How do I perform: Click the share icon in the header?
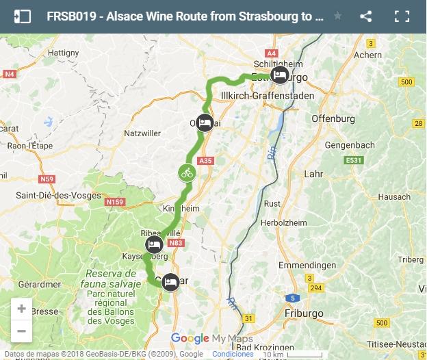[366, 16]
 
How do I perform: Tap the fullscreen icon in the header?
[402, 16]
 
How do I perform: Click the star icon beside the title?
[337, 16]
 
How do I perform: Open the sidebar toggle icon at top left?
[22, 16]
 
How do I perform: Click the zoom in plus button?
[21, 309]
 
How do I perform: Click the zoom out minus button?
[21, 331]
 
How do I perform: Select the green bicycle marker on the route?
[187, 172]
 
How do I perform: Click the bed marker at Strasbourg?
[279, 75]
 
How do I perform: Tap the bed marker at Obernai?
[204, 123]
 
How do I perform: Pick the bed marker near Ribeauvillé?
[154, 245]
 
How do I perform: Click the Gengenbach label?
[350, 146]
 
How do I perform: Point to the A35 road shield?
[206, 160]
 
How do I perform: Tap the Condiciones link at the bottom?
[233, 354]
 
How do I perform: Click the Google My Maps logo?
[211, 339]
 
